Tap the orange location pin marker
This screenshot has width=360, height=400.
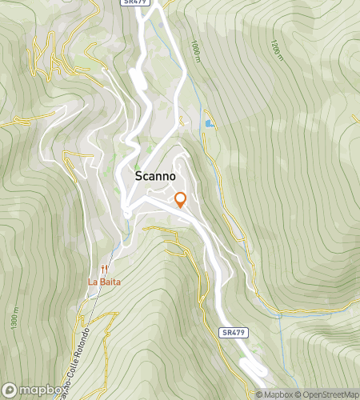click(180, 199)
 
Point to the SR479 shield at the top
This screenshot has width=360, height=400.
click(134, 3)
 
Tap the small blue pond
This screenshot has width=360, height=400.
click(209, 124)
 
